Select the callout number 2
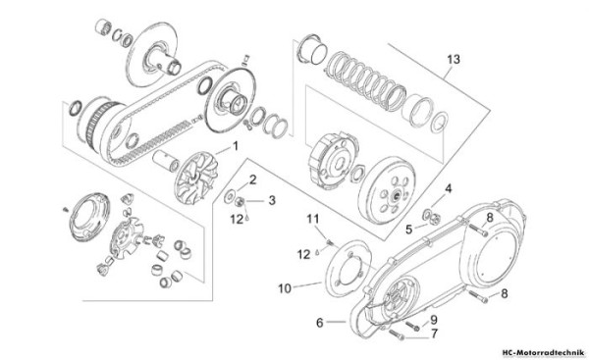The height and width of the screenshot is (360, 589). (x=252, y=179)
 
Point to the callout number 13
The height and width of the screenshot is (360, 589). (x=452, y=59)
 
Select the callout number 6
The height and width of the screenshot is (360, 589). (x=318, y=321)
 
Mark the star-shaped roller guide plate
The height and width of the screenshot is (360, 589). (x=131, y=238)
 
